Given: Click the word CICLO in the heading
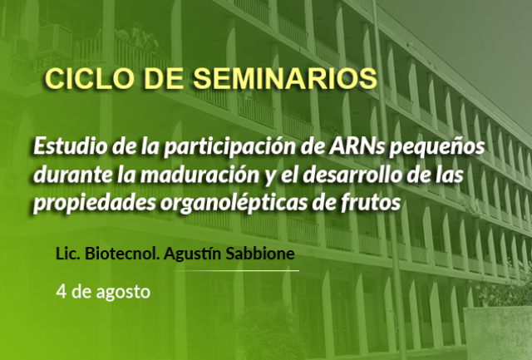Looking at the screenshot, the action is click(89, 79).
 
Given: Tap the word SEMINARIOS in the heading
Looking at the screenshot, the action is click(285, 79).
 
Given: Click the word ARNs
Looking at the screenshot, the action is click(356, 146).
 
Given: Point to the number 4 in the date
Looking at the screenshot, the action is click(61, 292).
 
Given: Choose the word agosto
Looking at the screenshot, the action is click(123, 293).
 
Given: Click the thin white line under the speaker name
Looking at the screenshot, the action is click(237, 271).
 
